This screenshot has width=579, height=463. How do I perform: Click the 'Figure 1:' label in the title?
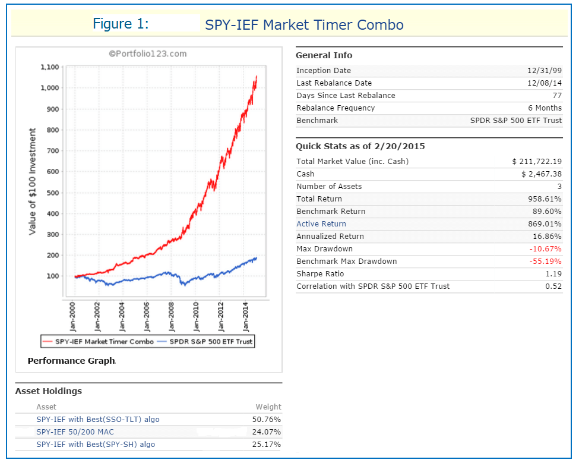pos(120,24)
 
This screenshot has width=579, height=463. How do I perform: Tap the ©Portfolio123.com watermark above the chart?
pos(148,54)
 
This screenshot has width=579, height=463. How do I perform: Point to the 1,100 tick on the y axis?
pos(49,67)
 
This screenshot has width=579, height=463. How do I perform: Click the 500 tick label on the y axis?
pos(52,193)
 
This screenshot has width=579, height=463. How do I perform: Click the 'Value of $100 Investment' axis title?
pos(33,181)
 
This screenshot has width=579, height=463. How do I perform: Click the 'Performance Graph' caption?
pos(71,361)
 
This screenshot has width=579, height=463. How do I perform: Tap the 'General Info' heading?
pos(324,55)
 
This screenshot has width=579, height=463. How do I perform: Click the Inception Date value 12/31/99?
pos(544,71)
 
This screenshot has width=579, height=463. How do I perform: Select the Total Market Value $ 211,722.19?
pos(537,162)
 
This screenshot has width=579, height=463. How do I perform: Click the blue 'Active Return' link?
pos(321,224)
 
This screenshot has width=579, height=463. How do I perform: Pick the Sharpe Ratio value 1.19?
pos(553,274)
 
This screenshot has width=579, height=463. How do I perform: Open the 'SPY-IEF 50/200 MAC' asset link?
pos(74,432)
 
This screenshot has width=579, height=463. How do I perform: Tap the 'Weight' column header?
pos(268,407)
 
